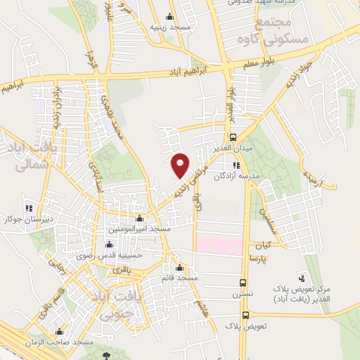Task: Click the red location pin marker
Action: pos(180,165)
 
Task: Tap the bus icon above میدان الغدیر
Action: pos(233,138)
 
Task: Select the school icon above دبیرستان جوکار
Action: pos(30,208)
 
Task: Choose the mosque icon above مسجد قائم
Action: pos(180,269)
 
